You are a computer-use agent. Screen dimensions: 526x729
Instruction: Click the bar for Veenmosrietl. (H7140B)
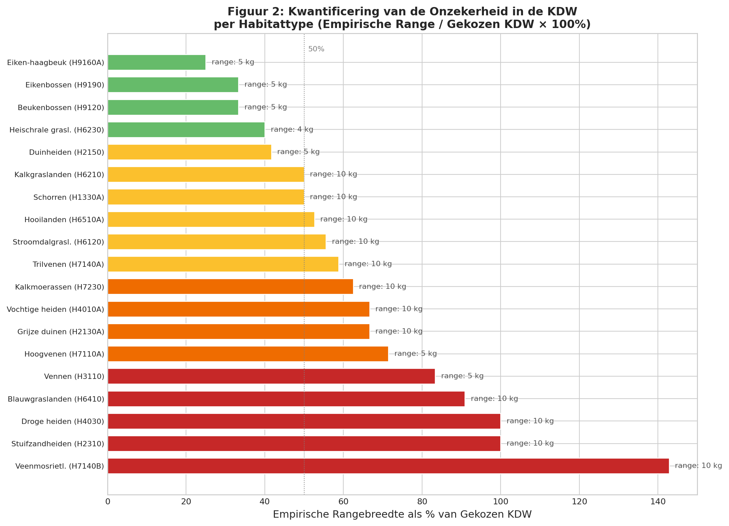tap(388, 466)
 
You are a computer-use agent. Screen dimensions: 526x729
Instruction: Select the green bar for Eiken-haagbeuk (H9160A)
tap(156, 62)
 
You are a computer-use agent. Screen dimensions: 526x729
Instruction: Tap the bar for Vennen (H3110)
tap(271, 376)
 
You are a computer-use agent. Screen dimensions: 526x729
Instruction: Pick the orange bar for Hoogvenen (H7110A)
tap(248, 354)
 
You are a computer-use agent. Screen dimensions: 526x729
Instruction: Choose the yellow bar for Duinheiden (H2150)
tap(189, 152)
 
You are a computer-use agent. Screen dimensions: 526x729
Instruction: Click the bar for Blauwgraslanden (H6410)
tap(286, 399)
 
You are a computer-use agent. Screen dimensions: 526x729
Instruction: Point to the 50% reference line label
tap(316, 49)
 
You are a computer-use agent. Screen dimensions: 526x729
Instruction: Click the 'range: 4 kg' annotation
tap(292, 129)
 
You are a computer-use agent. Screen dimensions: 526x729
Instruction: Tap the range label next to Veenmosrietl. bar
tap(698, 466)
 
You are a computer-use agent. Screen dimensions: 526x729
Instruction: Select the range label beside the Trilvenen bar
tap(368, 264)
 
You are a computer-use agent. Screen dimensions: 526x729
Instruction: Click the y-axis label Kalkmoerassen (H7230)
tap(60, 287)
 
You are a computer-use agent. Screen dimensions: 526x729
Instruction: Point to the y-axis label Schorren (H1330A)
tap(69, 197)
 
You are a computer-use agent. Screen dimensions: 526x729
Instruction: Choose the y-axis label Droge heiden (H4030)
tap(63, 422)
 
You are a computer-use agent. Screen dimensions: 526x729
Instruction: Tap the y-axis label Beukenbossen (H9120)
tap(61, 108)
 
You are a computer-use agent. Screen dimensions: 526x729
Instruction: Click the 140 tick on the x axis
tap(658, 502)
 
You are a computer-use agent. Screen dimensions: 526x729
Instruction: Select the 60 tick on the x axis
tap(343, 502)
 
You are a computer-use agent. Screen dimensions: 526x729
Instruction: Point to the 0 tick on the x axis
tap(108, 502)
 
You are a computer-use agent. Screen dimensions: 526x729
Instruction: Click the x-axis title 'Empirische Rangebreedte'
tap(402, 514)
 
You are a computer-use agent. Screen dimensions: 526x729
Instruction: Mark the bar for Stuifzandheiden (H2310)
tap(304, 444)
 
